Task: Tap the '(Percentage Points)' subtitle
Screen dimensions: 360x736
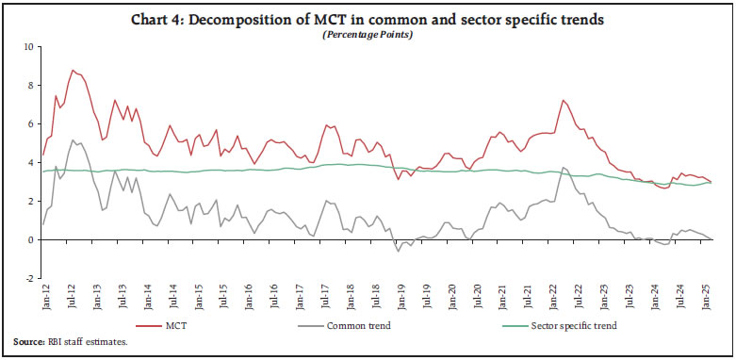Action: pyautogui.click(x=368, y=35)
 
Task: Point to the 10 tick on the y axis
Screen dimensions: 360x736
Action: pyautogui.click(x=29, y=47)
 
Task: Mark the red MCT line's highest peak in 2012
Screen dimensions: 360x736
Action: pyautogui.click(x=73, y=70)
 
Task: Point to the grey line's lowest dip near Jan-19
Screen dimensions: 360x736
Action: pyautogui.click(x=399, y=252)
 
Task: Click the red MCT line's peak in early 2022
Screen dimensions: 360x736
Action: pyautogui.click(x=563, y=100)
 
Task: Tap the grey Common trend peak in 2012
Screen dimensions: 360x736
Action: pyautogui.click(x=73, y=140)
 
